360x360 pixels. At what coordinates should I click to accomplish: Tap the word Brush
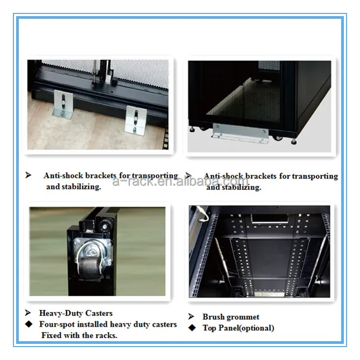click(213, 317)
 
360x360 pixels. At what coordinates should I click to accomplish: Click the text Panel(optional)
click(247, 328)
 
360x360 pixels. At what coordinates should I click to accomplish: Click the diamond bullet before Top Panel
click(191, 328)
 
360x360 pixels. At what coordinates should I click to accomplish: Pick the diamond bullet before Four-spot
click(29, 325)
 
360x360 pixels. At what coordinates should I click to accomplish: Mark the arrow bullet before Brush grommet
click(191, 317)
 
